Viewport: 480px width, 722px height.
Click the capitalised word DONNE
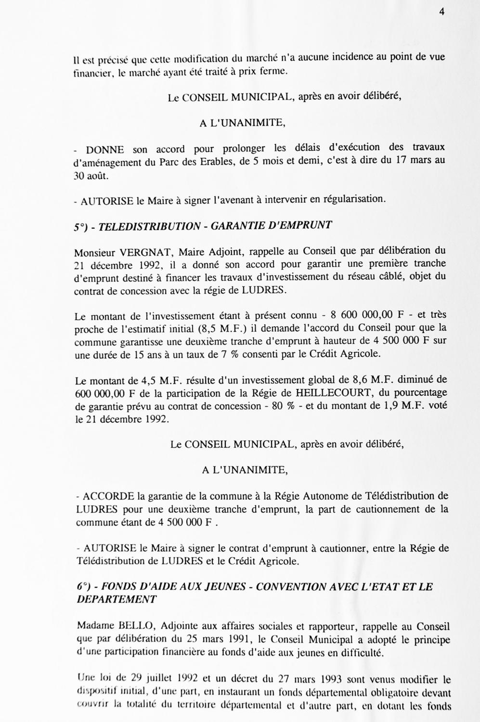pyautogui.click(x=105, y=150)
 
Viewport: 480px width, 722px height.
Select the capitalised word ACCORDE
pyautogui.click(x=109, y=496)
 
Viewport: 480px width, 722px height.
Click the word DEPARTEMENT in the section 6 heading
pyautogui.click(x=117, y=600)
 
